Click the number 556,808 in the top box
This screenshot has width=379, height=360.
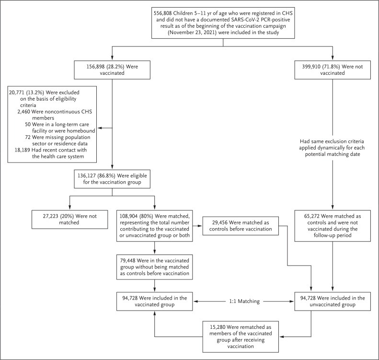163,13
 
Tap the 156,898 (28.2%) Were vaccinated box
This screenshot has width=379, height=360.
112,70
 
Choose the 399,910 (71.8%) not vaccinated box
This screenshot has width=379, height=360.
333,70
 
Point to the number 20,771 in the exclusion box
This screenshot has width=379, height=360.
17,93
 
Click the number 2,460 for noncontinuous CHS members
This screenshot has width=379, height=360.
23,112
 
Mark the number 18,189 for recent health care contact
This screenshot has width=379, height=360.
22,150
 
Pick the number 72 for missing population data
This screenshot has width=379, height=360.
28,137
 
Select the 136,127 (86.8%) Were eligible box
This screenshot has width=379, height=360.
112,179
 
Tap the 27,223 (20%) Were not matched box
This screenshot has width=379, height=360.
69,219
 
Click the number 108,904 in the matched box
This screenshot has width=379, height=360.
127,216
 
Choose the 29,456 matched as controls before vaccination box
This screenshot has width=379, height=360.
241,226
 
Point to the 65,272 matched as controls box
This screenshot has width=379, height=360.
333,226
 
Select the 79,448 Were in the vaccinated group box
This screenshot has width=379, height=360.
154,267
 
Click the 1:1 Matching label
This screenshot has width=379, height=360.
244,301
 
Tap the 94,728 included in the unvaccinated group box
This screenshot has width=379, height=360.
333,301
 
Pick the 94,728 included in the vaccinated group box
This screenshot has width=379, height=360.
154,301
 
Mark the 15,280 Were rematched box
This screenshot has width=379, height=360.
241,337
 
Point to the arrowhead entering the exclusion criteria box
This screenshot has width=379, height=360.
99,128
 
